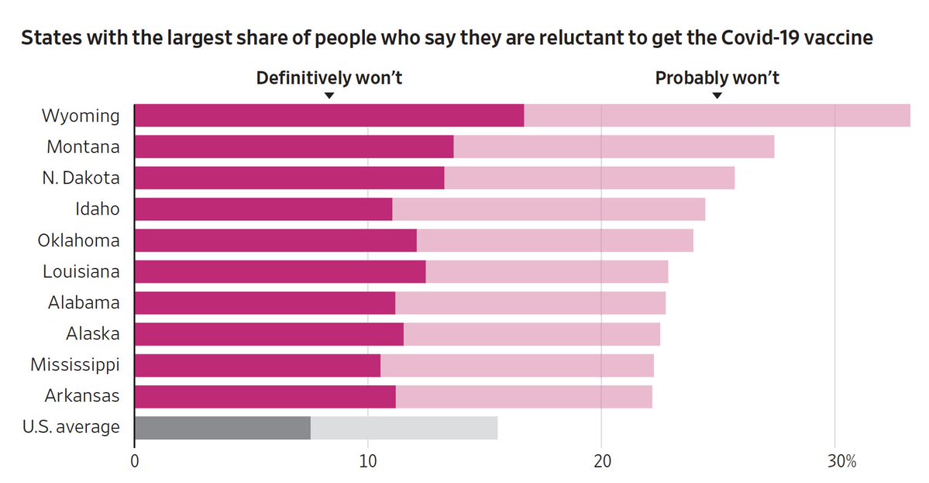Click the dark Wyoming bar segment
(329, 116)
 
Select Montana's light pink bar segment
(614, 147)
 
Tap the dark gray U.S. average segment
(222, 428)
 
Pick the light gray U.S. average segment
(404, 428)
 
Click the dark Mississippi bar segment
(257, 365)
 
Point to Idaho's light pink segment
(549, 209)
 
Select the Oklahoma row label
(79, 240)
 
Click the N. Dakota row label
(81, 178)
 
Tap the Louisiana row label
(81, 271)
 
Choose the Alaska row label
(93, 334)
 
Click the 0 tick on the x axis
(135, 463)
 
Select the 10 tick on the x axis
(368, 463)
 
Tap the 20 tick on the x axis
(602, 463)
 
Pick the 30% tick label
(840, 463)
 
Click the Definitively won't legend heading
(329, 78)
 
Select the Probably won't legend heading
(717, 78)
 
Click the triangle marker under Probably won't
(717, 95)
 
